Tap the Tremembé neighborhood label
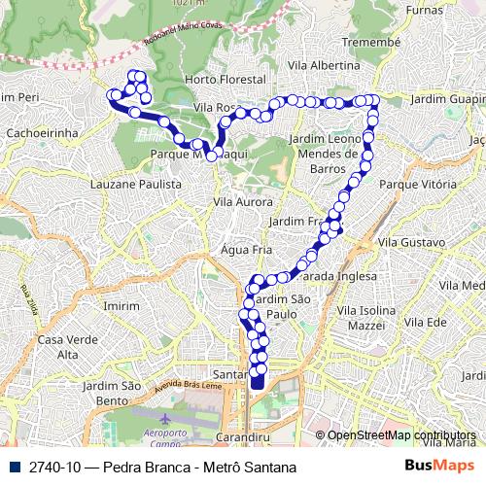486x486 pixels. [369, 44]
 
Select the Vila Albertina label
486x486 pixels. [324, 64]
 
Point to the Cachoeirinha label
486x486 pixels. [35, 130]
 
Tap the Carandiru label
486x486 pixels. [243, 436]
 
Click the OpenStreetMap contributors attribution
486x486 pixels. [401, 434]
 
